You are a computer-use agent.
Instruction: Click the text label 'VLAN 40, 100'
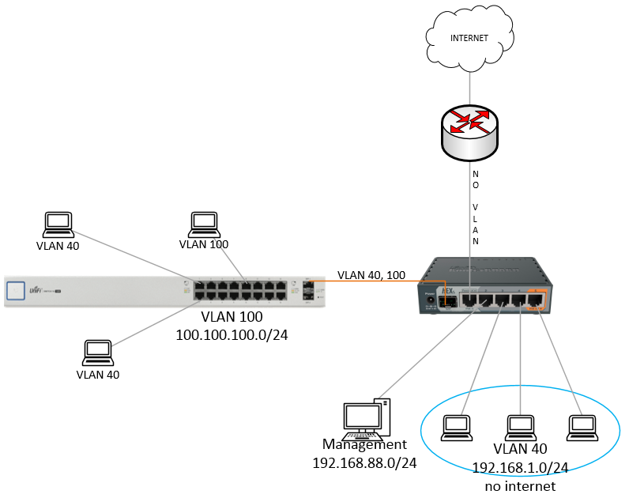coord(371,275)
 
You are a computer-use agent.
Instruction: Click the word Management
coord(364,444)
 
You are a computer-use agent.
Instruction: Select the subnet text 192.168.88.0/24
coord(364,461)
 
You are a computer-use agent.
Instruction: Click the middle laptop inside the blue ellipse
coord(519,426)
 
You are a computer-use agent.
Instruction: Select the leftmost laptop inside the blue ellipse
coord(458,426)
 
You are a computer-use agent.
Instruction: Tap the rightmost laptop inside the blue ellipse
coord(581,426)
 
